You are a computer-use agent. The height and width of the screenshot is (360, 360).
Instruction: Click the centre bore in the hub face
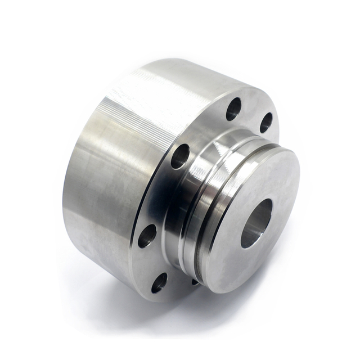coord(256,223)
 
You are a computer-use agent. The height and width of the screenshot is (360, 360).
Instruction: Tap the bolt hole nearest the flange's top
coord(233,109)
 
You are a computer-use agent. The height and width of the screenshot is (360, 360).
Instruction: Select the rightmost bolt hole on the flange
coord(266,122)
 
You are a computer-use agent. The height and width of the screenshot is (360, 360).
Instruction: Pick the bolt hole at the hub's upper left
coord(180,156)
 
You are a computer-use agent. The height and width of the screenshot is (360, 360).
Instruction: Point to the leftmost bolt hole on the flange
coord(147,236)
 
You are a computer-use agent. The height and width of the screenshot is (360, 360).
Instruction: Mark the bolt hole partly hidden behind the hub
coord(195,280)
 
